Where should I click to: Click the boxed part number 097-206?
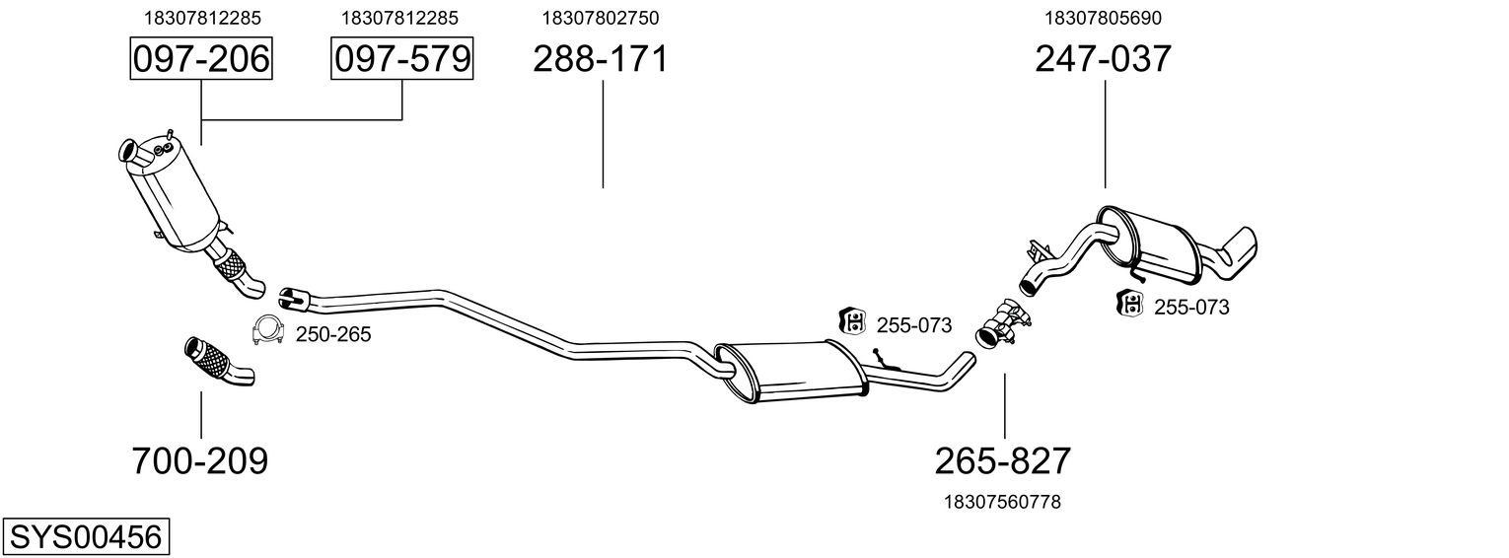point(201,59)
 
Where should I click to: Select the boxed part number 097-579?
point(401,59)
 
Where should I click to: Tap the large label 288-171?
point(601,59)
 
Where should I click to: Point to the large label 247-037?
point(1104,59)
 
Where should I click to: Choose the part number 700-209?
point(200,460)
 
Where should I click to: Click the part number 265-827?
point(1003,460)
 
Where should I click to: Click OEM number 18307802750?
point(601,18)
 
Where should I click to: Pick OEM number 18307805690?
point(1104,18)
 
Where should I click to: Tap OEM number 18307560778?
point(1003,502)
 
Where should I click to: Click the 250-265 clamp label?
point(333,334)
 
